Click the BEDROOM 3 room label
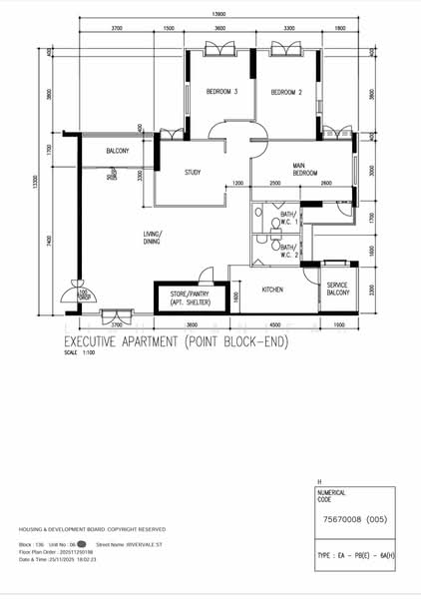coord(221,92)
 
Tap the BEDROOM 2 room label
coord(285,92)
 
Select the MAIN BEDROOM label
coord(304,170)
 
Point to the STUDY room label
coord(193,173)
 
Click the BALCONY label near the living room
coord(118,151)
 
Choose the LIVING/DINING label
coord(153,238)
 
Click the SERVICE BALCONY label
coord(337,290)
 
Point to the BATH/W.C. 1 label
coord(288,218)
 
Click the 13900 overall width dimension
coord(217,14)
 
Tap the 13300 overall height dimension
coord(35,183)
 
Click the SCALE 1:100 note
coord(77,353)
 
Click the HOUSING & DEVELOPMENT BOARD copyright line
coord(92,529)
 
